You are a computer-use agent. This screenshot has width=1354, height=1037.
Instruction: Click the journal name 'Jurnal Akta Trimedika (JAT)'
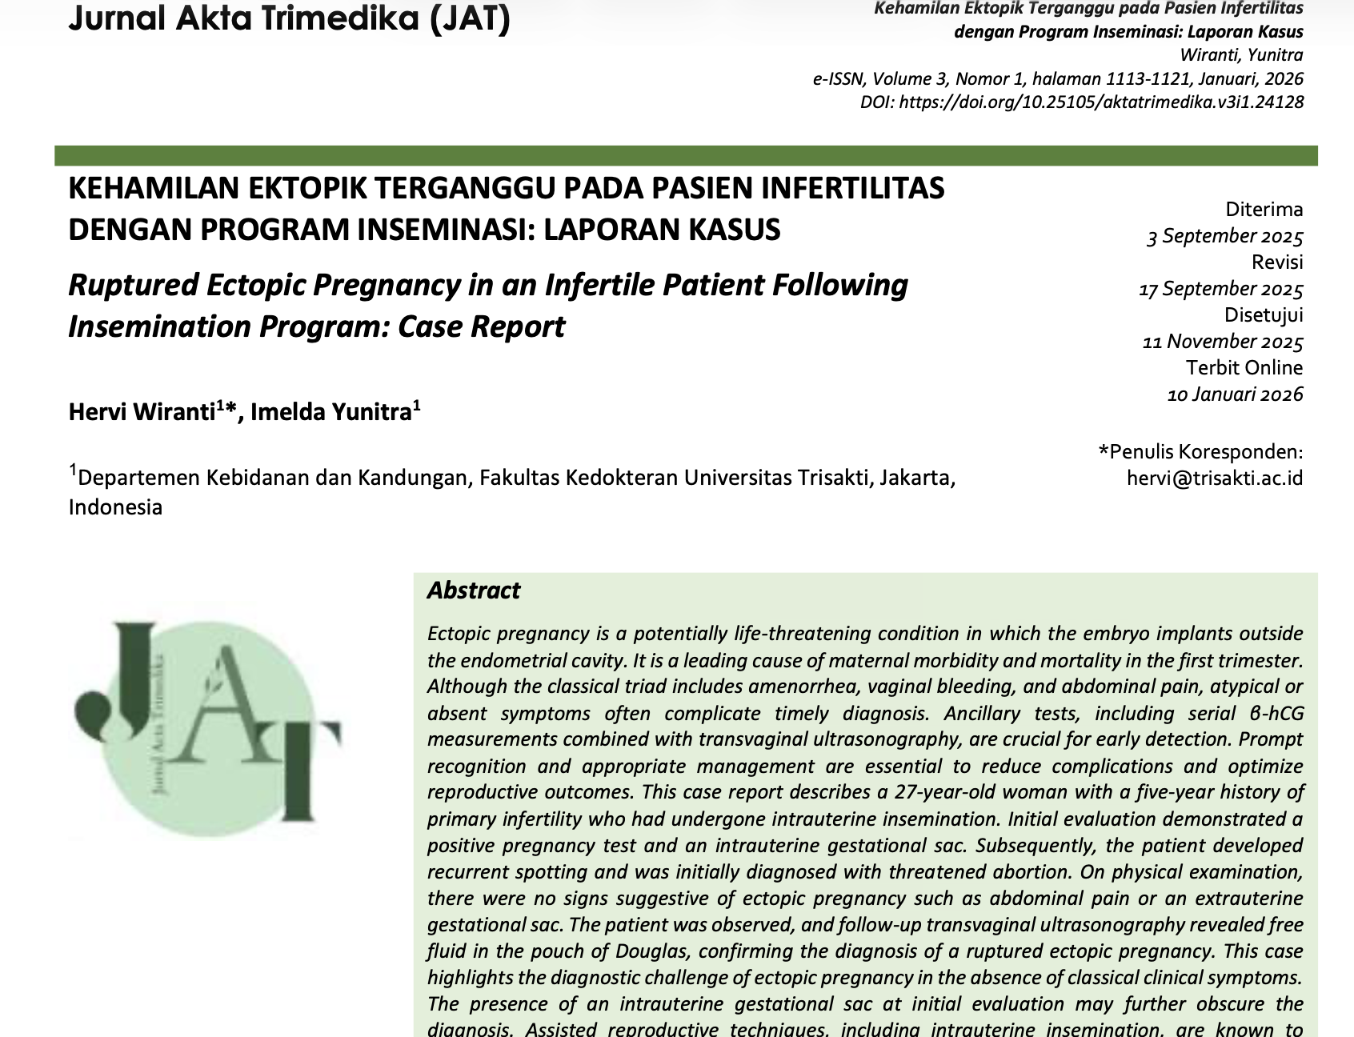[x=289, y=18]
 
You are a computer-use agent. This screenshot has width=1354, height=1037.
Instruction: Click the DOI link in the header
[x=1081, y=102]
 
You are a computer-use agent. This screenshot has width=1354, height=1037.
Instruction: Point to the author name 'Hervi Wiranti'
[x=142, y=412]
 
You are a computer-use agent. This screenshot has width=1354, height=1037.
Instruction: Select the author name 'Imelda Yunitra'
[x=331, y=412]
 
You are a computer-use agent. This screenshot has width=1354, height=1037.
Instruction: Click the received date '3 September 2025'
[x=1224, y=236]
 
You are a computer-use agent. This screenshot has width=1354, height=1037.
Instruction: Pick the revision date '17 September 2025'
[x=1220, y=289]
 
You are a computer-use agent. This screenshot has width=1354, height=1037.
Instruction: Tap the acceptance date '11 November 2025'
[x=1222, y=342]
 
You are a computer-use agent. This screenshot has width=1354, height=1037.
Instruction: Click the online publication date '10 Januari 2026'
[x=1235, y=394]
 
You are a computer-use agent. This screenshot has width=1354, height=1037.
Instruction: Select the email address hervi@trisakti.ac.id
[x=1214, y=478]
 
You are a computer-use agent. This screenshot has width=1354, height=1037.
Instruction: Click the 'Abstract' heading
[x=473, y=591]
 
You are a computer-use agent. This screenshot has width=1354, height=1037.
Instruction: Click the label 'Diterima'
[x=1264, y=210]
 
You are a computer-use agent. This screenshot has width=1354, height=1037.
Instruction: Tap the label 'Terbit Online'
[x=1244, y=368]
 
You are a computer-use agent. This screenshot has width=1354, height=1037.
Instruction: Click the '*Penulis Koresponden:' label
[x=1200, y=452]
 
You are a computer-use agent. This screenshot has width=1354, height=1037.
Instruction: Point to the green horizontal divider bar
[x=686, y=155]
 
